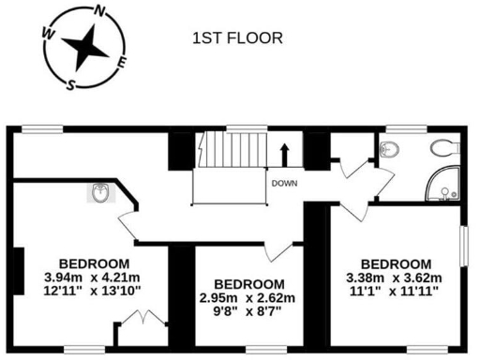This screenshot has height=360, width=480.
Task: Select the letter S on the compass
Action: [x=70, y=82]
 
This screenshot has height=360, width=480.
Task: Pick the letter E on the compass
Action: [x=124, y=63]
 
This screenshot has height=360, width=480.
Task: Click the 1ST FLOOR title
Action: [x=237, y=38]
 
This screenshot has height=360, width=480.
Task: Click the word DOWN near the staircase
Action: [x=285, y=183]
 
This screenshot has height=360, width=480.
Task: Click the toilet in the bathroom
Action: [x=443, y=146]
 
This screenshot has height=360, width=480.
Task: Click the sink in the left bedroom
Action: [x=100, y=193]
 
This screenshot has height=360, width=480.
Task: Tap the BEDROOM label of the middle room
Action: [x=248, y=284]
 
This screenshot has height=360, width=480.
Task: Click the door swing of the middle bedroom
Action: [x=277, y=248]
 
